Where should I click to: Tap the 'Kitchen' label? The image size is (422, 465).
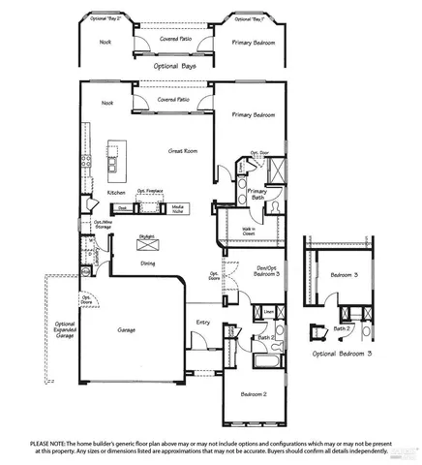coord(116,193)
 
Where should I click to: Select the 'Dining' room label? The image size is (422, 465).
coord(147,263)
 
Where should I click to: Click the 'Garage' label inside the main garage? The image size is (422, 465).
coord(126,328)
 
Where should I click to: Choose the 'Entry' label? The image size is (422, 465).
coord(203,323)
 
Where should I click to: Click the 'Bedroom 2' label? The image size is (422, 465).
coord(254,394)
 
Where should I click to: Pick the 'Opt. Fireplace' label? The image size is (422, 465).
coord(148,192)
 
